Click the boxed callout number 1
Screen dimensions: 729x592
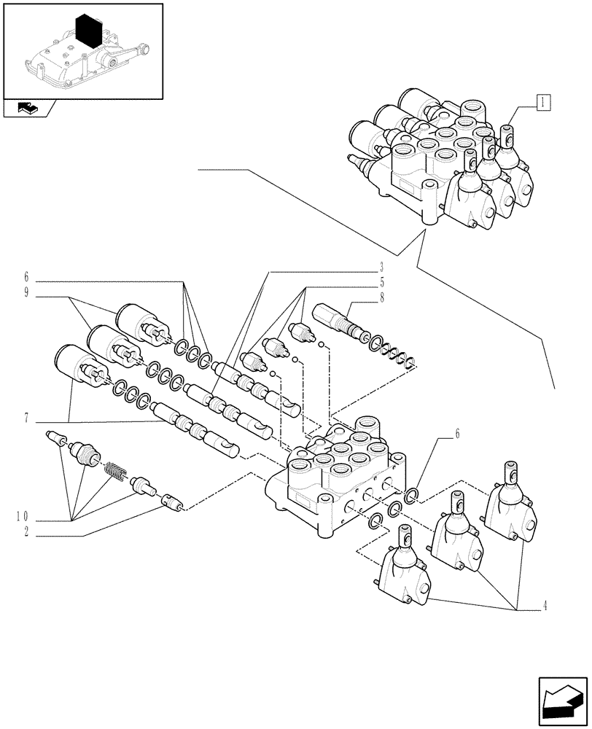click(543, 101)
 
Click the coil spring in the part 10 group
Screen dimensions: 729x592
click(116, 473)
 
